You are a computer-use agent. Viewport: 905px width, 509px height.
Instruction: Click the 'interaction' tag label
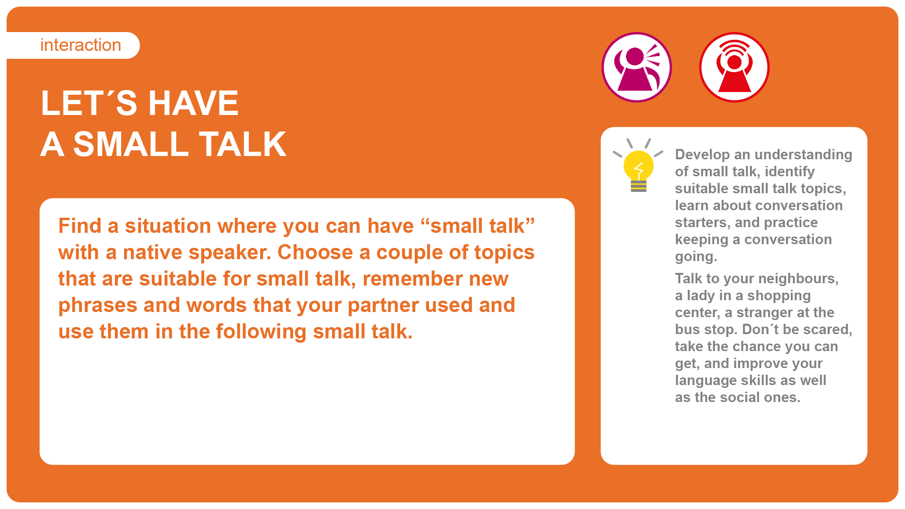(81, 45)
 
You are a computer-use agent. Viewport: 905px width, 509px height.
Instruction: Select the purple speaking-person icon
(637, 67)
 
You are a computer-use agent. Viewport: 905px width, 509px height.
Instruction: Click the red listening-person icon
(734, 67)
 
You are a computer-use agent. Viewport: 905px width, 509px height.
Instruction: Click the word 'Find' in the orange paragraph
(80, 226)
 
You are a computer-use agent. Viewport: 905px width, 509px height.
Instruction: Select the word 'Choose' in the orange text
(315, 252)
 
